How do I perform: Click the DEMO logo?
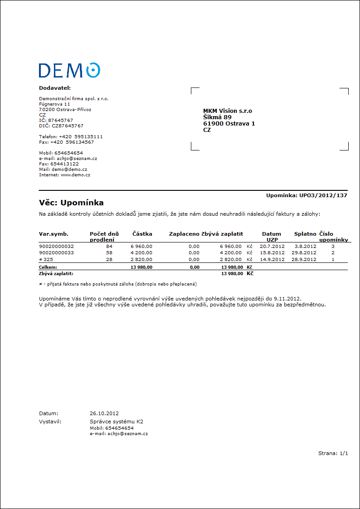tap(69, 70)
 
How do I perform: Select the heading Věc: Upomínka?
tap(72, 203)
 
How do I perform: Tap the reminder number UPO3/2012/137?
tap(323, 195)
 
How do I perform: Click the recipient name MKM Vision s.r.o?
tap(228, 111)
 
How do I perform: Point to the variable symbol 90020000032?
tap(57, 246)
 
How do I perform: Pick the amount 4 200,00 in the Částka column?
tap(141, 252)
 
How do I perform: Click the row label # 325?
tap(47, 259)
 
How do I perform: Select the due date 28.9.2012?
tap(304, 259)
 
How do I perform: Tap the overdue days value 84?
tap(109, 246)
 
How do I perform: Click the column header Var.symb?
tap(54, 234)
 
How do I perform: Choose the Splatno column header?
tap(305, 234)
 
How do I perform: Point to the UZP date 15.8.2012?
tap(272, 252)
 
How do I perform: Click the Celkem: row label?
tap(48, 267)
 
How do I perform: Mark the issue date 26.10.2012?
tap(104, 413)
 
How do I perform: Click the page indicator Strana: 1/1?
tap(333, 453)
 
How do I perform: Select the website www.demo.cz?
tap(75, 175)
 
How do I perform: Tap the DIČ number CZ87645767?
tap(68, 126)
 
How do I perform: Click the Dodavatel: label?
tap(55, 88)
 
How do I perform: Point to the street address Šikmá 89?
tap(217, 117)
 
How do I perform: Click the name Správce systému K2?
tap(117, 422)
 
